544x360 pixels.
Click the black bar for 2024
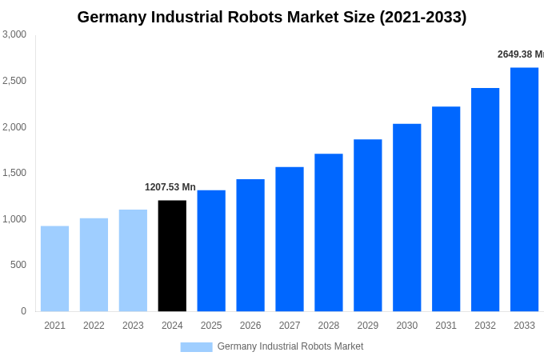click(172, 256)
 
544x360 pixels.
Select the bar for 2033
click(524, 190)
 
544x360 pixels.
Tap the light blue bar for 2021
click(54, 269)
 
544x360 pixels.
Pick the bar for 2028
click(328, 233)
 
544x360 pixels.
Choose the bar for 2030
click(406, 218)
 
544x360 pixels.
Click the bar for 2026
click(250, 246)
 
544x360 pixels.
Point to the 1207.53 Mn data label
click(170, 187)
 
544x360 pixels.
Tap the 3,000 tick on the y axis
click(14, 34)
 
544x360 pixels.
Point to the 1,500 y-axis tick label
click(14, 173)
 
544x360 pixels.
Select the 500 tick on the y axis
click(18, 265)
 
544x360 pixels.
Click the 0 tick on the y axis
click(23, 311)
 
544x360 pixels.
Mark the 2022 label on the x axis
click(94, 326)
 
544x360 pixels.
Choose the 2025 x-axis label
click(211, 326)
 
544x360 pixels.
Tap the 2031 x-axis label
click(446, 326)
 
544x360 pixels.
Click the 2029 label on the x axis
click(367, 326)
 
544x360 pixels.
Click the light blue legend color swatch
click(196, 347)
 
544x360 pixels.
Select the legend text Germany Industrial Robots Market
click(290, 346)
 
